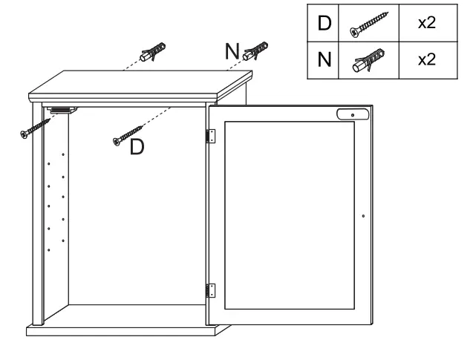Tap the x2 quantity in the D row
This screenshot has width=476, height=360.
pos(426,23)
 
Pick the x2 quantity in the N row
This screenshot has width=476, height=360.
pos(426,58)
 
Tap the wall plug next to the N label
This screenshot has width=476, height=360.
pos(257,50)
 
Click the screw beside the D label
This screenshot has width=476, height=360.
pos(126,134)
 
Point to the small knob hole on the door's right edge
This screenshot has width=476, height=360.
pos(363,216)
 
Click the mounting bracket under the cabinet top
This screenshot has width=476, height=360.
pos(60,110)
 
